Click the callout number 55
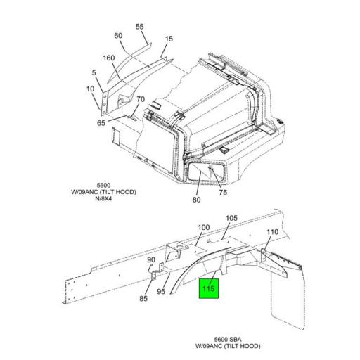[139, 27]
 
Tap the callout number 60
[118, 36]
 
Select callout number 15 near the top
[169, 39]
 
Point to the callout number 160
[109, 58]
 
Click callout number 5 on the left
[94, 72]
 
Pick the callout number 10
[90, 89]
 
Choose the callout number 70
[140, 99]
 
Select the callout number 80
[196, 200]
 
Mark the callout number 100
[203, 227]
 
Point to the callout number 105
[231, 218]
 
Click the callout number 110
[273, 232]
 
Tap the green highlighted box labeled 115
[209, 288]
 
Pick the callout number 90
[150, 260]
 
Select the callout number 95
[161, 291]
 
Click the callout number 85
[143, 299]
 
